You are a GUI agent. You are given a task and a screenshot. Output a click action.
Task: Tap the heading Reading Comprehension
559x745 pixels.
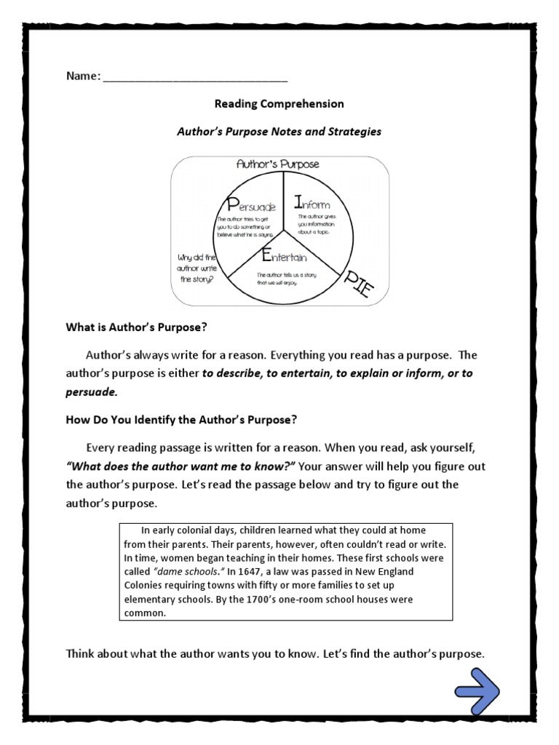279,104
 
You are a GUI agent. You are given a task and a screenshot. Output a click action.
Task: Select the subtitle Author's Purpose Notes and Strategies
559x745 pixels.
279,132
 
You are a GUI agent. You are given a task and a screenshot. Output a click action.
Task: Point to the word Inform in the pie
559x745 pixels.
311,203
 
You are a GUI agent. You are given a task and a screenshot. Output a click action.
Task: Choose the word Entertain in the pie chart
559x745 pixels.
279,256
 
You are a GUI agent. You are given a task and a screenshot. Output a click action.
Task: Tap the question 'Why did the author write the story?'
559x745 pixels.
197,268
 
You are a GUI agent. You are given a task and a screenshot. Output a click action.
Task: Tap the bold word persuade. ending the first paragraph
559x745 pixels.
91,391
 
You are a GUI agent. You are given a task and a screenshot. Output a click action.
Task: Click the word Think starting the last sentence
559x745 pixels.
82,654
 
